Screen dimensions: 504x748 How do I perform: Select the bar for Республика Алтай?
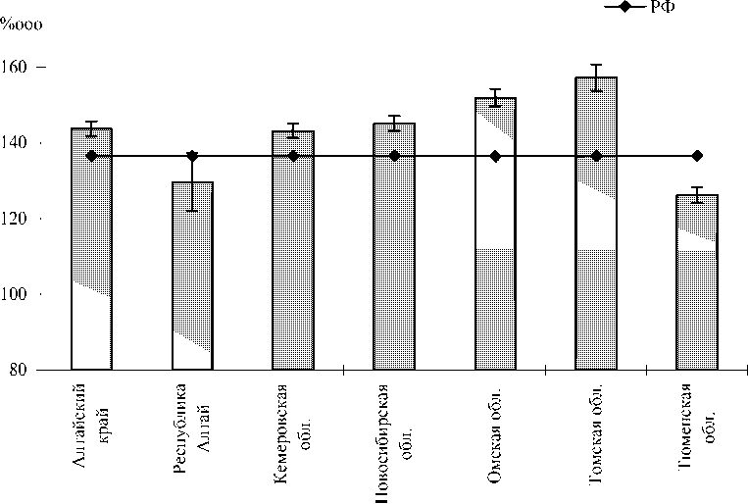[192, 276]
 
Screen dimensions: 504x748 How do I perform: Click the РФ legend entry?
[647, 7]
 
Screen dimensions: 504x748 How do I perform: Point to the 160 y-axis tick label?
[19, 68]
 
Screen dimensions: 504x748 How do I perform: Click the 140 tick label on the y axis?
[19, 143]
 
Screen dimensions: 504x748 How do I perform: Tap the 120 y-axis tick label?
[19, 219]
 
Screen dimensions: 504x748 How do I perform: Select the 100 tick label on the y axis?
[19, 294]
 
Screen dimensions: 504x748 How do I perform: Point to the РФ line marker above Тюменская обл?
[697, 156]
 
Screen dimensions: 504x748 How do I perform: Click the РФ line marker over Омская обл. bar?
[495, 156]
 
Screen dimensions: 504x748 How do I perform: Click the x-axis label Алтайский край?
[92, 422]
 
